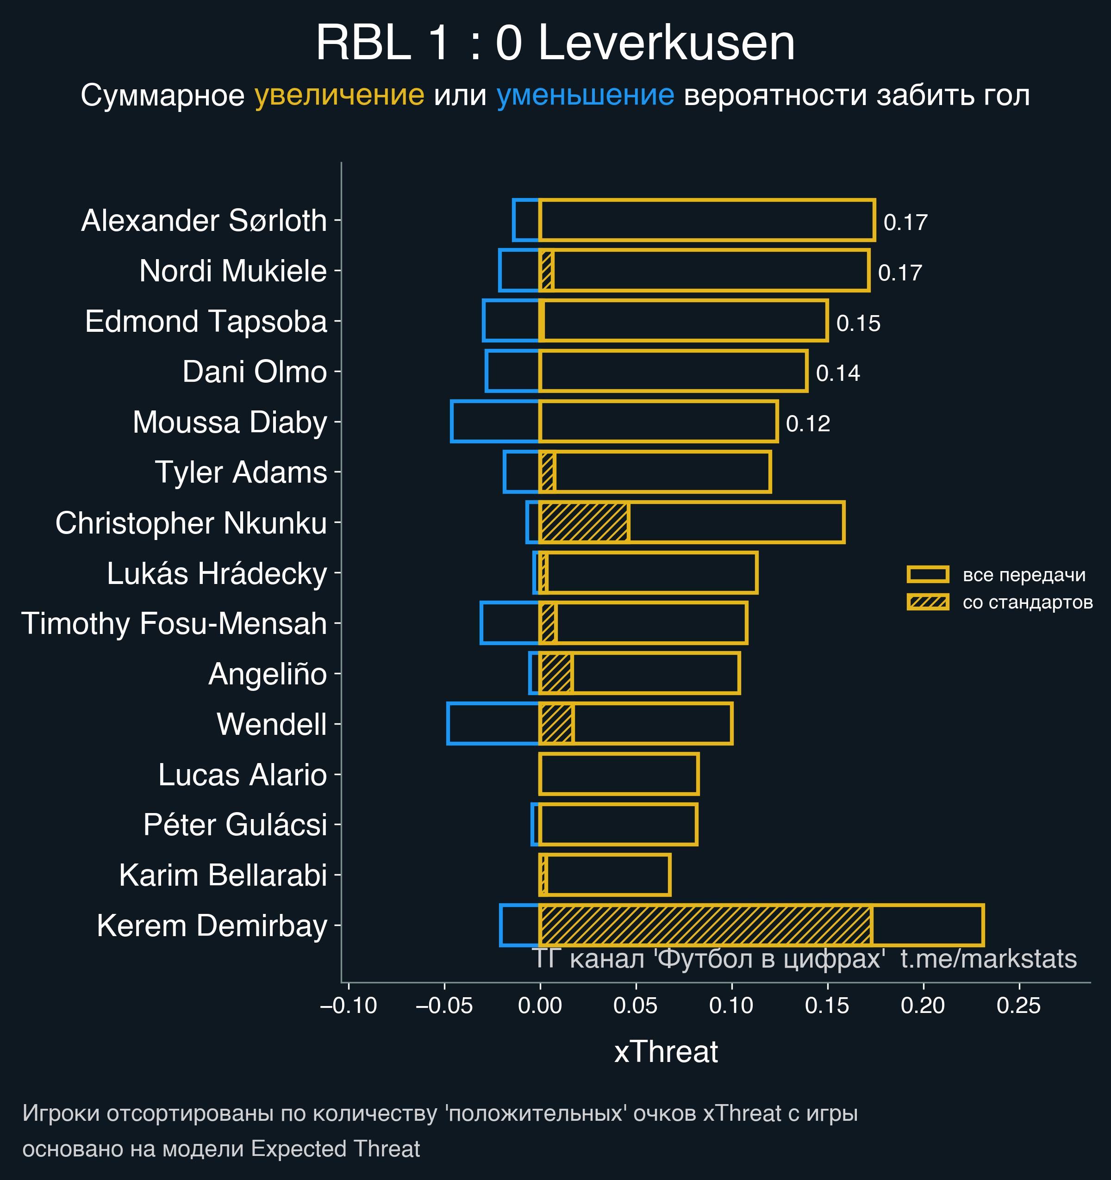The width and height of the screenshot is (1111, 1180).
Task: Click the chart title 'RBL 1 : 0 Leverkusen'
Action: coord(555,43)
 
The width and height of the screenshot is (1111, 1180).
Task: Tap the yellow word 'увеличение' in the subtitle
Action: coord(339,95)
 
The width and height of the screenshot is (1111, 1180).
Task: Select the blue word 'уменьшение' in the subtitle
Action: coord(585,95)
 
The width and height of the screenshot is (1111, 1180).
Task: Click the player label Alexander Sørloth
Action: coord(204,221)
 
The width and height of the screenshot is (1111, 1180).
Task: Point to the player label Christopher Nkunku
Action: coord(191,523)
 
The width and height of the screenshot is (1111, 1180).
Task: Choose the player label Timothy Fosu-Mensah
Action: coord(174,624)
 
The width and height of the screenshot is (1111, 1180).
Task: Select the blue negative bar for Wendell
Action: coord(493,724)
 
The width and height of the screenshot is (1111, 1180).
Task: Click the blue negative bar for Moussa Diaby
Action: coord(495,422)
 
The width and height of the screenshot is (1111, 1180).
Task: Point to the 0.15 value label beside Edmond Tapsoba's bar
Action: coord(858,323)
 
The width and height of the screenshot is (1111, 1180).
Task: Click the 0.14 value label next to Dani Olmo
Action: coord(838,373)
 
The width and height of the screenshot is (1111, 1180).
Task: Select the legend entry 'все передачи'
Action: coord(1024,575)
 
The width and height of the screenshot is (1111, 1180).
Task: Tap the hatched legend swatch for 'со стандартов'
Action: coord(928,602)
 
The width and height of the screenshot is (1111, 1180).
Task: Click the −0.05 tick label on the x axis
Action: coord(443,1006)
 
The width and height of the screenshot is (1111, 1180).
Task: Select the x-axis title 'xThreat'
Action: coord(666,1052)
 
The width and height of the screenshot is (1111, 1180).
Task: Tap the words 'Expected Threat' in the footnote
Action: coord(336,1149)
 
